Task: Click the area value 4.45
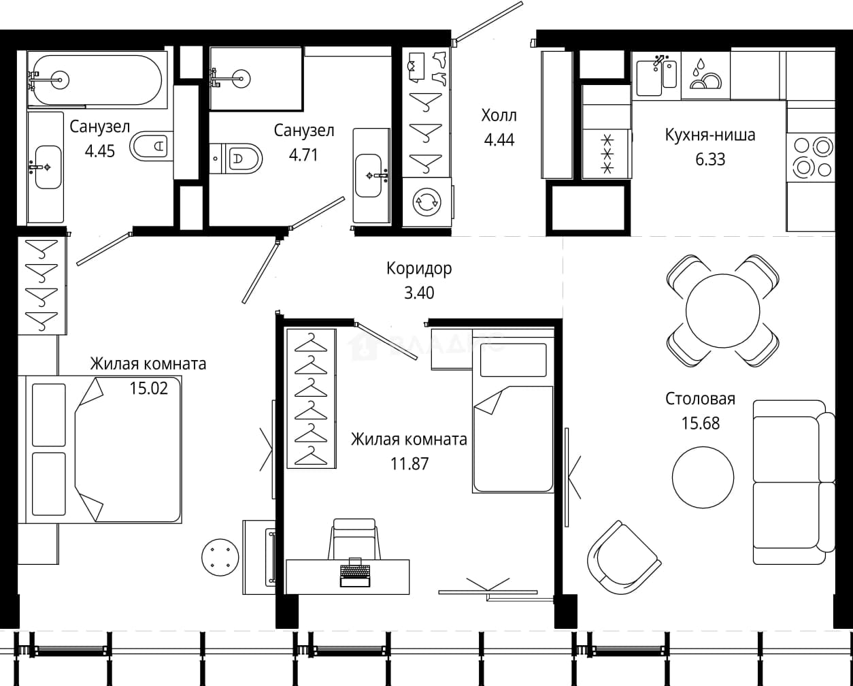(x=100, y=151)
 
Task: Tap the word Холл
(x=499, y=116)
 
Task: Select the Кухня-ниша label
(x=710, y=135)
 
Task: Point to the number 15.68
(x=701, y=423)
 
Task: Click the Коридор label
(x=419, y=268)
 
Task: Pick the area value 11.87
(x=409, y=463)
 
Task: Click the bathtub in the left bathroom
(x=97, y=80)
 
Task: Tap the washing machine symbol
(x=427, y=203)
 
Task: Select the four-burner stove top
(x=812, y=158)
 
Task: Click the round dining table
(x=722, y=310)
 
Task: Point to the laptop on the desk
(x=355, y=572)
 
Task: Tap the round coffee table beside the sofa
(x=703, y=478)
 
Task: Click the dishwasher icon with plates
(x=705, y=75)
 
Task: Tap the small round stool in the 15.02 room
(x=220, y=557)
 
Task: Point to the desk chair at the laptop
(x=354, y=539)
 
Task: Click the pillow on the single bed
(x=514, y=360)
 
